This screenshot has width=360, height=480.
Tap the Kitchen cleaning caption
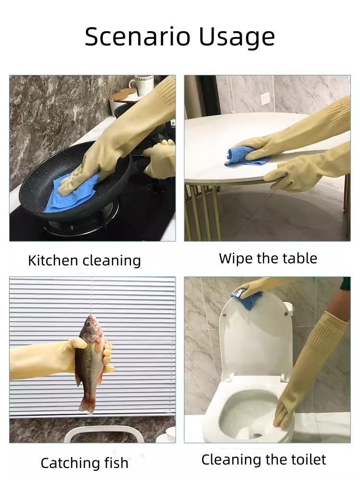coord(84,261)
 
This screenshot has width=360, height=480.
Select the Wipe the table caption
coord(268,258)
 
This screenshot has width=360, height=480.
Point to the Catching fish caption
coord(84,463)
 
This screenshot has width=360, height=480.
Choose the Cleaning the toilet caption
coord(264,460)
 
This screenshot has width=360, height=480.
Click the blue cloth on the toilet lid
coord(247,299)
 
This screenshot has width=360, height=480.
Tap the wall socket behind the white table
coord(266,98)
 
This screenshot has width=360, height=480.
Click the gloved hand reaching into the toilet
coord(286,413)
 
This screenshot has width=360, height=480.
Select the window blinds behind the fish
coord(139,326)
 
